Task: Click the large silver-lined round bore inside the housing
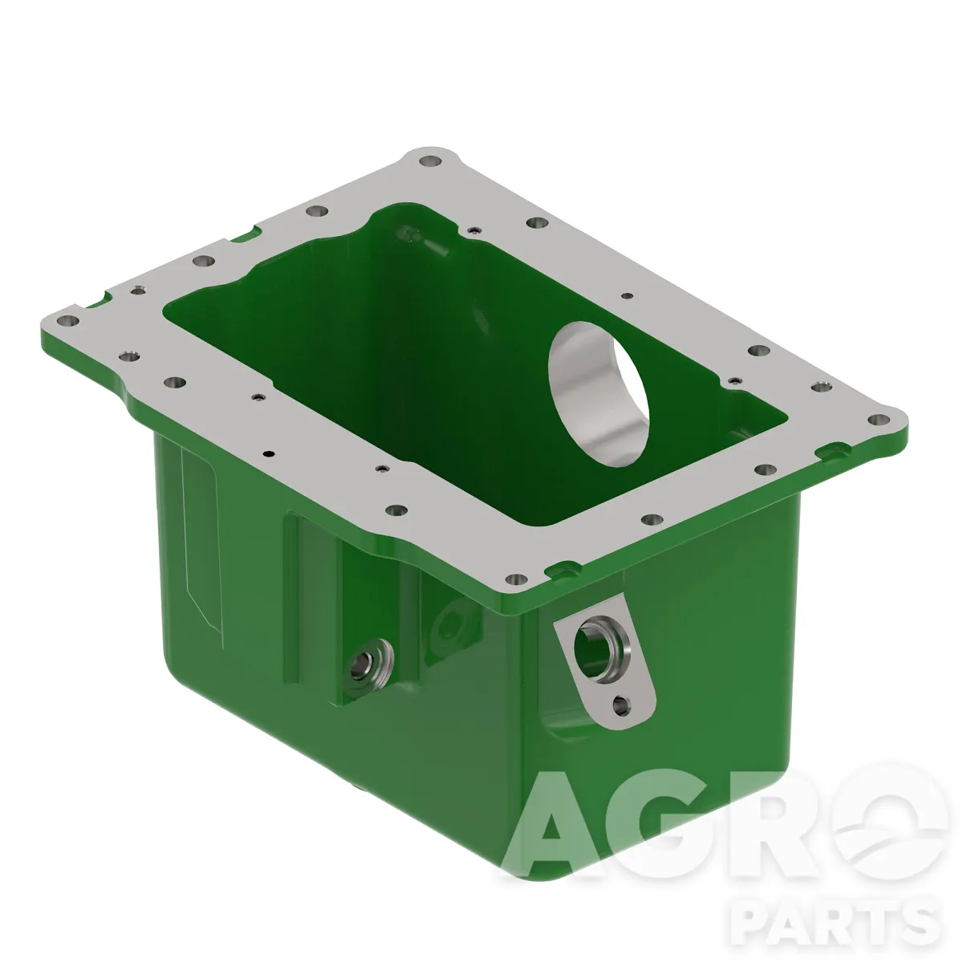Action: [599, 394]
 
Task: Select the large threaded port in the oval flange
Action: [601, 646]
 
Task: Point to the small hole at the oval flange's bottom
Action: [621, 705]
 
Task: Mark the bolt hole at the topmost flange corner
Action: [430, 161]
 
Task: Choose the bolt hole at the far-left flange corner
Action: [68, 321]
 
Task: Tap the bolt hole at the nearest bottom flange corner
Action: [516, 579]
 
